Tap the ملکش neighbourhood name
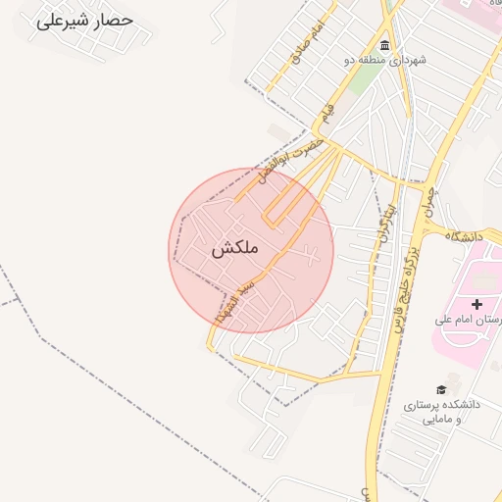point(235,249)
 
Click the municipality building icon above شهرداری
point(385,46)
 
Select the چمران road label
point(428,200)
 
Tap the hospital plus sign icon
point(477,305)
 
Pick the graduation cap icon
point(441,389)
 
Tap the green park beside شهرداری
point(363,77)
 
